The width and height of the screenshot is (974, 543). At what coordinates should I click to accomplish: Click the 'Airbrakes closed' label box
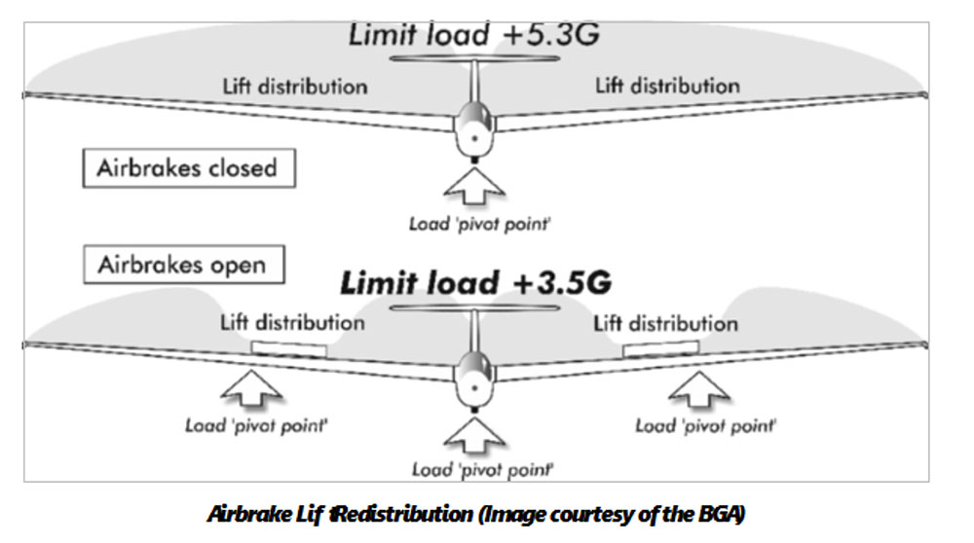[189, 167]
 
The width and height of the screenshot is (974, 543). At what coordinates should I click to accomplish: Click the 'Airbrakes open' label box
[184, 265]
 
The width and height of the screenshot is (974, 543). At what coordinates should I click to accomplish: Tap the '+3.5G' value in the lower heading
[562, 283]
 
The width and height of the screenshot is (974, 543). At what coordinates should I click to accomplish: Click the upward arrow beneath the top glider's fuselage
[474, 186]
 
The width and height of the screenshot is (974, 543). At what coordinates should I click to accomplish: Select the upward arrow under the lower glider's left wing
[251, 388]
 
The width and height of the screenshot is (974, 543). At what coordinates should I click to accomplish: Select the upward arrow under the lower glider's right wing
[698, 389]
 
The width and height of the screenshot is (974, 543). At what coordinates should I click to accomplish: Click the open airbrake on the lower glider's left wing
[289, 348]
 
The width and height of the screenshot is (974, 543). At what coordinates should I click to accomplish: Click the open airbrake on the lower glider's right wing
[661, 348]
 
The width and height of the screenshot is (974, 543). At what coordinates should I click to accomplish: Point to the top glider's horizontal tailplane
[474, 59]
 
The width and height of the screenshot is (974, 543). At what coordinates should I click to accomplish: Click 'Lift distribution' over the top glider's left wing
[295, 87]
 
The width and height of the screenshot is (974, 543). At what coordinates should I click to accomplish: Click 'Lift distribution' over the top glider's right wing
[668, 86]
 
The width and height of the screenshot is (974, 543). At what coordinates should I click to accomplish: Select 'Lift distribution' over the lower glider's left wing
[292, 323]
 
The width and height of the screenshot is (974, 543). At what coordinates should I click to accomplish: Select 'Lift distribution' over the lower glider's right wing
[666, 323]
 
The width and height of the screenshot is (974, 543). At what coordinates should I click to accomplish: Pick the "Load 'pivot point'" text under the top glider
[479, 224]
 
